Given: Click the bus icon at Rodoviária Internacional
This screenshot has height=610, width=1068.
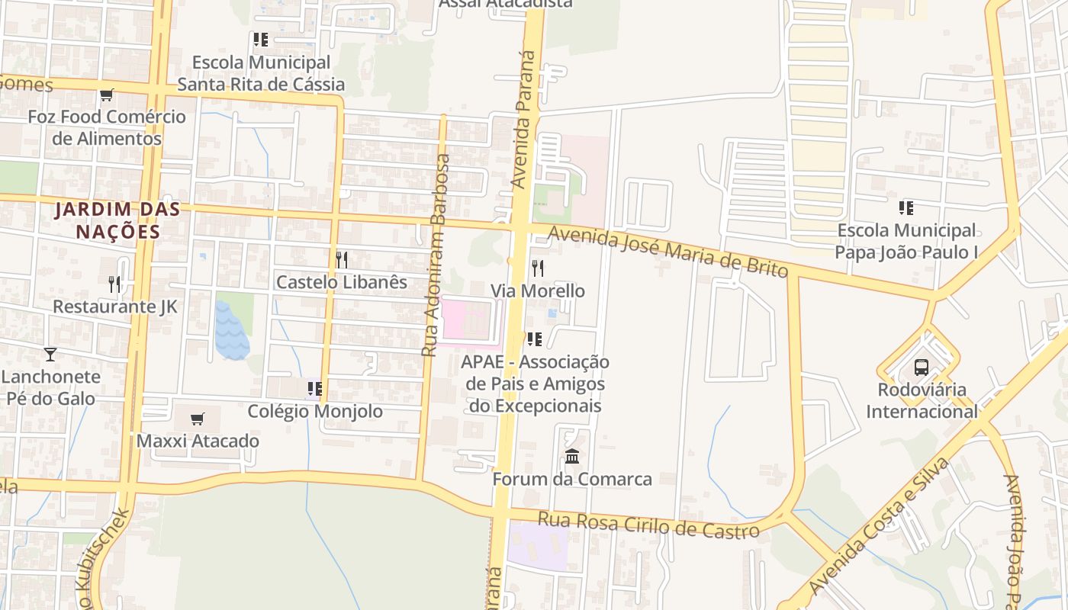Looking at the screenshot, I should (922, 368).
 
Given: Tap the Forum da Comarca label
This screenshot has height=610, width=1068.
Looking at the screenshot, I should (572, 480).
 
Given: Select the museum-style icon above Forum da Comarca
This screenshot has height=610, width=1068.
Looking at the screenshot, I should (572, 457).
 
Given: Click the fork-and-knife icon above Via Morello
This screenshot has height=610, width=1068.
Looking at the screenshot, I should (538, 268).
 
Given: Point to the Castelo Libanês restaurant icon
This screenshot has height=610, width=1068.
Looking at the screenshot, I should (342, 259).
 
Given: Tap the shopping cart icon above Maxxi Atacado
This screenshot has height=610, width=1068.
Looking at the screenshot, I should (198, 419).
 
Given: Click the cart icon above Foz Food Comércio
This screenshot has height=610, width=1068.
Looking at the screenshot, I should (107, 95).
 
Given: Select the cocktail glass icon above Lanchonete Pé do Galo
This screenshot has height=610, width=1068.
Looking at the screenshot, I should (50, 354).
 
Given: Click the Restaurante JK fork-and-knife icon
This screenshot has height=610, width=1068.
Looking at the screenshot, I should (114, 284).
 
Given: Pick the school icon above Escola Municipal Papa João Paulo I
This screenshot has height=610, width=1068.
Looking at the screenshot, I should (906, 207).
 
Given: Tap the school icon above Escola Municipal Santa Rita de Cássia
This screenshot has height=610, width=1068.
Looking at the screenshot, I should (261, 40).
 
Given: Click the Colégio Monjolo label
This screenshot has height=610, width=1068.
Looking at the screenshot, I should (315, 412).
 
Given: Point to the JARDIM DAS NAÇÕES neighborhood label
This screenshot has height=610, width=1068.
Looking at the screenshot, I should (117, 220).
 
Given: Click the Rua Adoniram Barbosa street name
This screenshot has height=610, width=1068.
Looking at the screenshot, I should (435, 255).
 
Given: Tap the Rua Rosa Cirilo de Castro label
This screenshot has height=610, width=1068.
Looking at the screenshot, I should (648, 525).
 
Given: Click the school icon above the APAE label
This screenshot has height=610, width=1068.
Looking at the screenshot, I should (535, 339).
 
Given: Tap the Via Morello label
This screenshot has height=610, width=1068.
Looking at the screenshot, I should (538, 291).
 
